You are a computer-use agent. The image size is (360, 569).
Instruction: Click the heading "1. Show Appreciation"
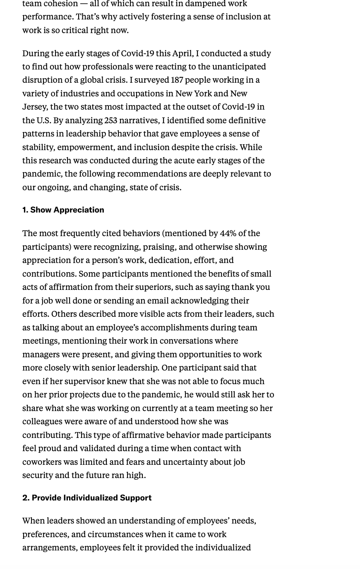63,210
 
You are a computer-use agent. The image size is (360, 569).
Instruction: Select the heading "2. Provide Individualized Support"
87,497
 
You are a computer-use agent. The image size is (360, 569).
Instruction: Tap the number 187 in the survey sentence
177,80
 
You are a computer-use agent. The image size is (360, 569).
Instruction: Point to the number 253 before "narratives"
110,120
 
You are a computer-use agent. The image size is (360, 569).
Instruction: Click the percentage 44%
228,233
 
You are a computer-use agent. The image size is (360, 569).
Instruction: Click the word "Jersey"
35,107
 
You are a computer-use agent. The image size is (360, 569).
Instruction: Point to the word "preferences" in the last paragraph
45,534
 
